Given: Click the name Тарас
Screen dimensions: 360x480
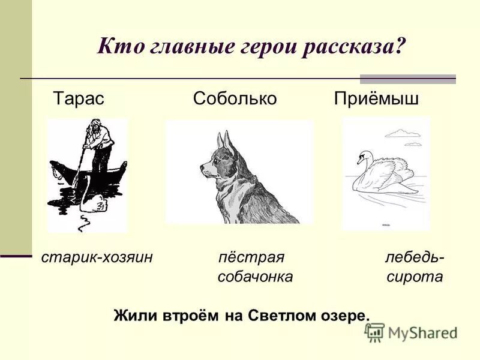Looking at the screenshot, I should click(79, 99).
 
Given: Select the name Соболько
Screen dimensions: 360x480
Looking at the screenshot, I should click(235, 99).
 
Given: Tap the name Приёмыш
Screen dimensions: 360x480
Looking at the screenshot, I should click(376, 99).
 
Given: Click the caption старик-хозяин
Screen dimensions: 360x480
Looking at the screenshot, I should click(97, 257).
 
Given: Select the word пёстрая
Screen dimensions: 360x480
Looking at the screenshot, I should click(251, 257).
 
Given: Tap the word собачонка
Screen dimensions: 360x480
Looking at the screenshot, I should click(255, 277).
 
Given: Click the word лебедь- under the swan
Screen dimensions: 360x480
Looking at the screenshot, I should click(415, 257).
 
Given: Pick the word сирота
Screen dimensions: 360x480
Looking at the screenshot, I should click(415, 277).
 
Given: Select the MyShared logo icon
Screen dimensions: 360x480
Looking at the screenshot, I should click(374, 332).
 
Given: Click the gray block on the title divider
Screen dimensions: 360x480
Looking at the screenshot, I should click(407, 79).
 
